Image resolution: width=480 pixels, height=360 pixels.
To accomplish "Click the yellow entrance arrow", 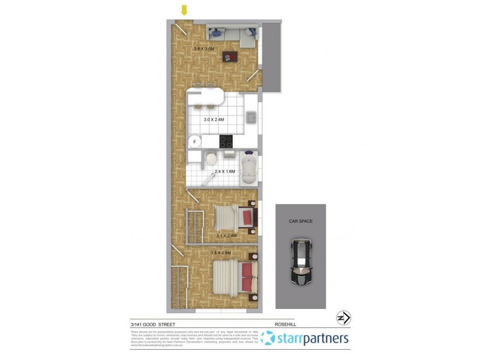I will pos(184,10).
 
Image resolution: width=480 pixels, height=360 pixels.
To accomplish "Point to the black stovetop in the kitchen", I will pos(226,142).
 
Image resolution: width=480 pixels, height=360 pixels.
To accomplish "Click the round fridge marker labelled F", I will pos(194,142).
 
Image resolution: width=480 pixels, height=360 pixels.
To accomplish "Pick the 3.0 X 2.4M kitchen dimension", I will pos(214,120).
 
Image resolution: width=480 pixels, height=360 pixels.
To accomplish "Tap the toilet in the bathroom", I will pos(211,159).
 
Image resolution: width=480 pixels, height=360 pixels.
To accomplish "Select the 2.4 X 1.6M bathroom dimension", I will pos(225,172).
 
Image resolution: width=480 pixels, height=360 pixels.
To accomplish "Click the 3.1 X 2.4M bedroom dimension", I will pos(227,236).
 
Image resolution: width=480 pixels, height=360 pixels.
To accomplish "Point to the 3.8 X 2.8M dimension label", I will pos(221,253).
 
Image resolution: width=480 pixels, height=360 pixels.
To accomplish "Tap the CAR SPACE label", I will pos(301,221).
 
